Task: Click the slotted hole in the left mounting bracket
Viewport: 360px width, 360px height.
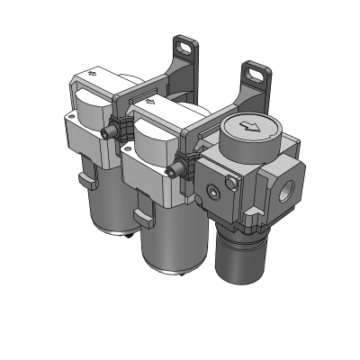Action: tap(185, 44)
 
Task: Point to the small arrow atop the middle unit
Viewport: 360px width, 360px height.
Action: tap(150, 102)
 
